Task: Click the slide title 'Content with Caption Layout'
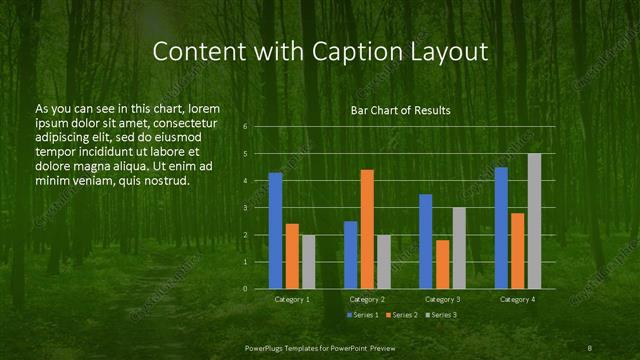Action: (x=320, y=51)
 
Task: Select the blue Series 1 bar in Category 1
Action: (x=275, y=231)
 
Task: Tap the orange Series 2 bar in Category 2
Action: (x=367, y=229)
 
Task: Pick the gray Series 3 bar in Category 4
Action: (x=534, y=221)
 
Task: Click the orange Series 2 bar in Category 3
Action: (x=442, y=264)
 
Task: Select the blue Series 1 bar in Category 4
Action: (x=501, y=228)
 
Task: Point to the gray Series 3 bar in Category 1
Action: (x=308, y=262)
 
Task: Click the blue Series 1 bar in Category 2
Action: (x=351, y=255)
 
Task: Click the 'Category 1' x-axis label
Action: (x=292, y=299)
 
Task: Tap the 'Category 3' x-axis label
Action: (x=442, y=299)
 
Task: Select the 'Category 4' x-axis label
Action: (x=517, y=299)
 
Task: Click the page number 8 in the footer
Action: (x=590, y=346)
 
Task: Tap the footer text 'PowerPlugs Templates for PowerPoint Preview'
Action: (x=320, y=346)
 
